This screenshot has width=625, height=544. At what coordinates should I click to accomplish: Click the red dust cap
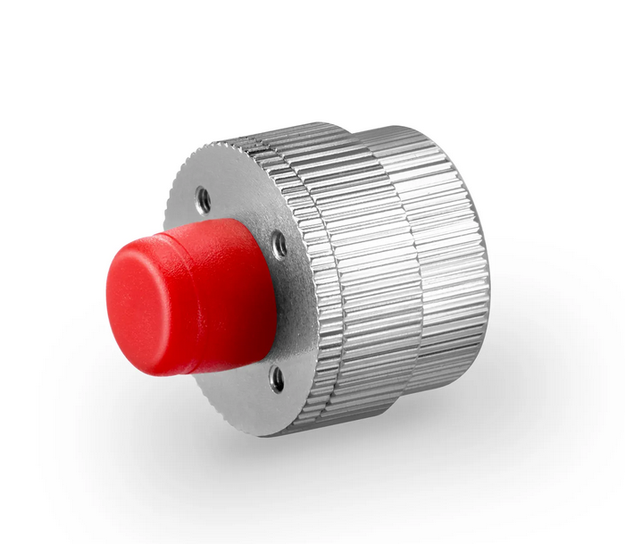click(x=192, y=295)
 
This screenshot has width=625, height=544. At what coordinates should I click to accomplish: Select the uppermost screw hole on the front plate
click(x=204, y=199)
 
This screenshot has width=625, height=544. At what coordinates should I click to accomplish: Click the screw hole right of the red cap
click(x=279, y=243)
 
